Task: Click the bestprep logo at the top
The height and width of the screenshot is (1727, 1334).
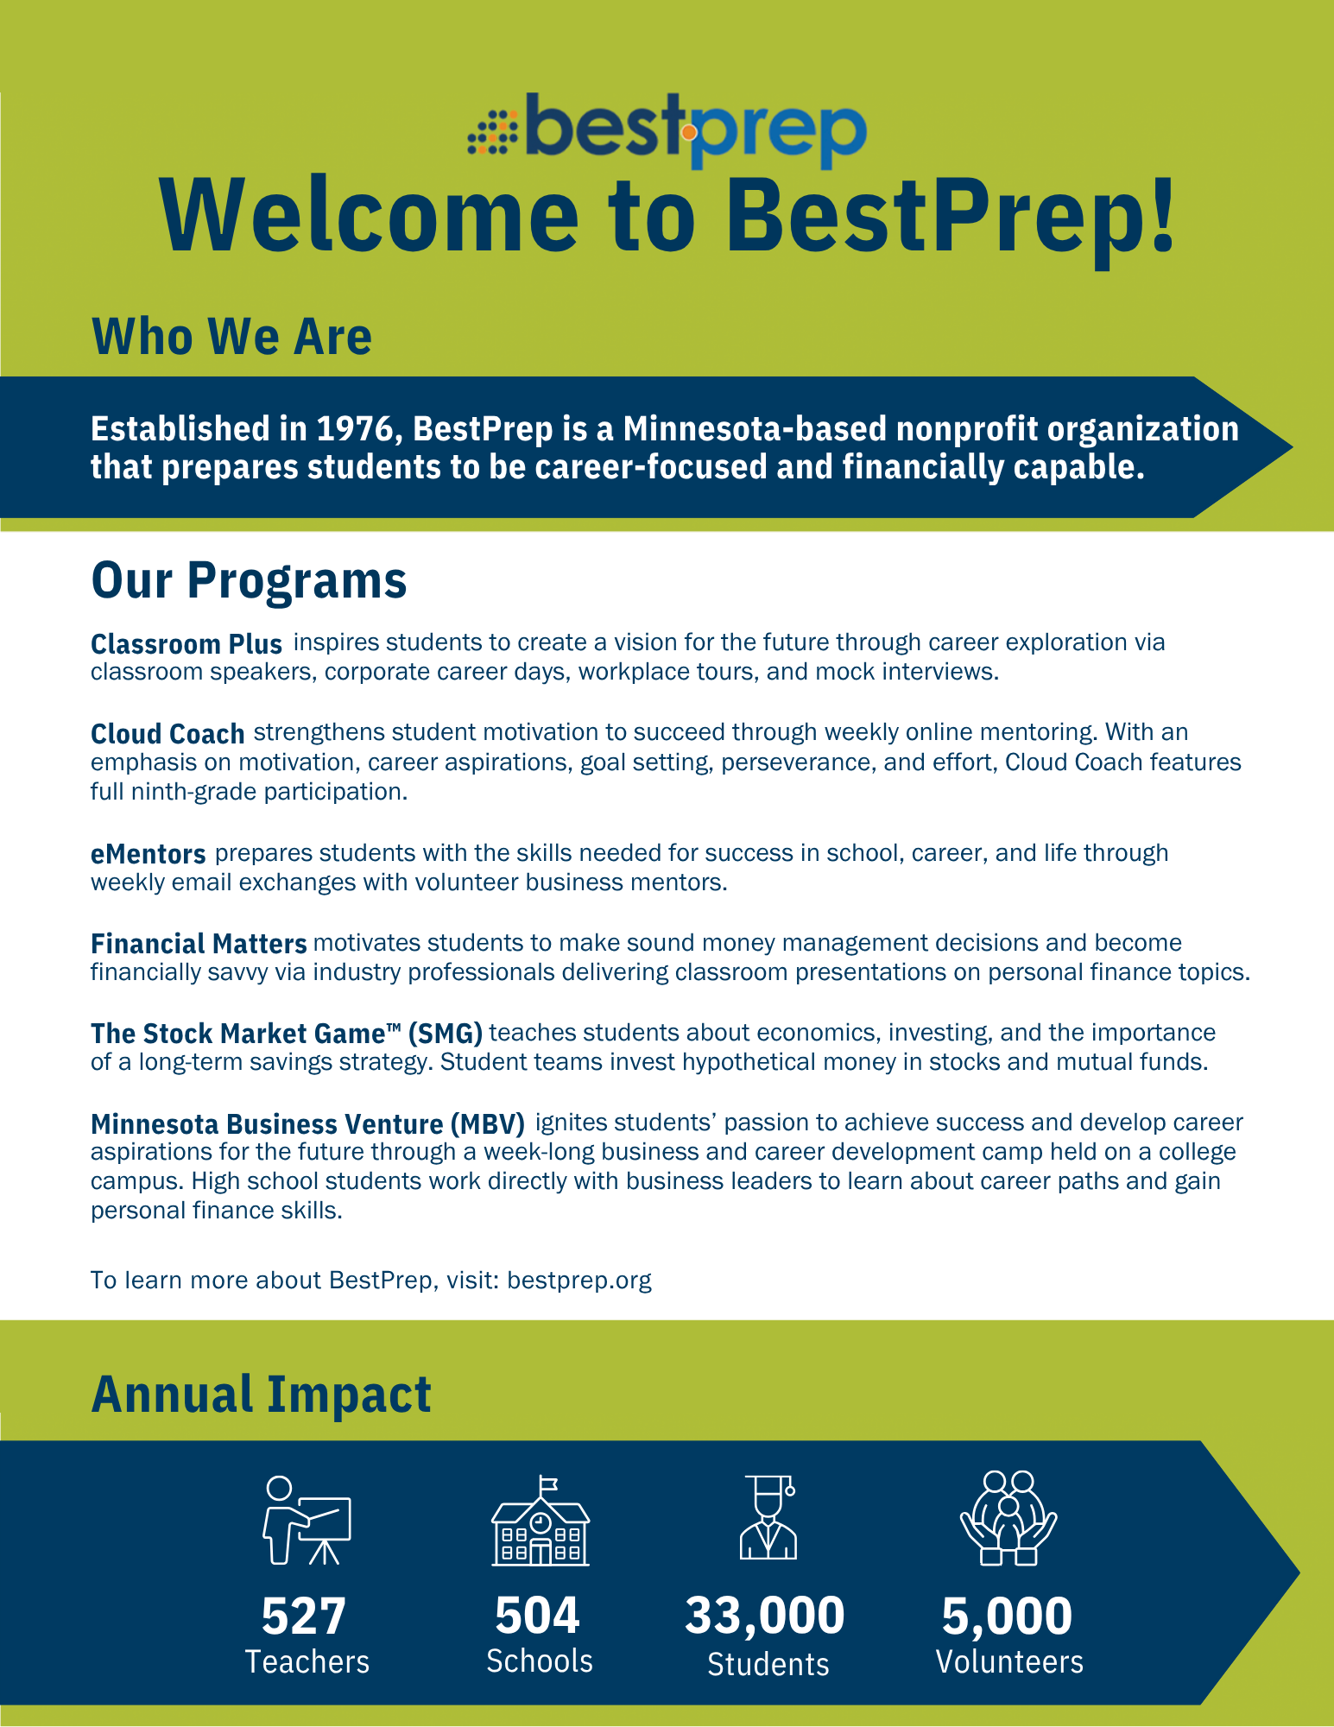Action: (667, 130)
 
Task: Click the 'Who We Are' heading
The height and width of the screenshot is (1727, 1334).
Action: (231, 336)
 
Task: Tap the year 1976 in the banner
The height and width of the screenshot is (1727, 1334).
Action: (354, 428)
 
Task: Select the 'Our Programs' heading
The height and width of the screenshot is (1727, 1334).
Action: (249, 580)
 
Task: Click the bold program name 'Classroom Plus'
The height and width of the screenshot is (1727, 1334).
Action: (187, 644)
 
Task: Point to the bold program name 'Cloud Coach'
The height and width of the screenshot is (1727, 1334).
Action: (168, 734)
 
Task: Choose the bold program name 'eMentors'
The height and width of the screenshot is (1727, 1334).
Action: (149, 854)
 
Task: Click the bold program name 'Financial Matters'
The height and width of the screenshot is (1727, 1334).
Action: (199, 944)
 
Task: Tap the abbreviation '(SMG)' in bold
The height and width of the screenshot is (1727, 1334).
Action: (446, 1034)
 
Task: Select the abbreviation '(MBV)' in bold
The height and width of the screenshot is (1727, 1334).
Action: (487, 1124)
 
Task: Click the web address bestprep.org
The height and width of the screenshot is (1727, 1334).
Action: (579, 1281)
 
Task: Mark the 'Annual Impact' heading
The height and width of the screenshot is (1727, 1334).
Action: (261, 1395)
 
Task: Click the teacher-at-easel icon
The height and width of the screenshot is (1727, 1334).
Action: (307, 1521)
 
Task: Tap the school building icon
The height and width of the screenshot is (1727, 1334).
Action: (541, 1521)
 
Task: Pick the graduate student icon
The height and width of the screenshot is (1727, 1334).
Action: (768, 1517)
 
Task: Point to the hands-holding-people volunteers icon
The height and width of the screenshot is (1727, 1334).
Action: (1008, 1518)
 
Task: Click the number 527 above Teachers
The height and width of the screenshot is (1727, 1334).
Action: (304, 1616)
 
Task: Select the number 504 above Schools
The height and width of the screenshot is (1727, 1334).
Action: (537, 1616)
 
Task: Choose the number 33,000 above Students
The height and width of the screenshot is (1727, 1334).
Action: (765, 1616)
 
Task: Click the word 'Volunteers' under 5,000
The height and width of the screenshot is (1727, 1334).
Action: (1009, 1662)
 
